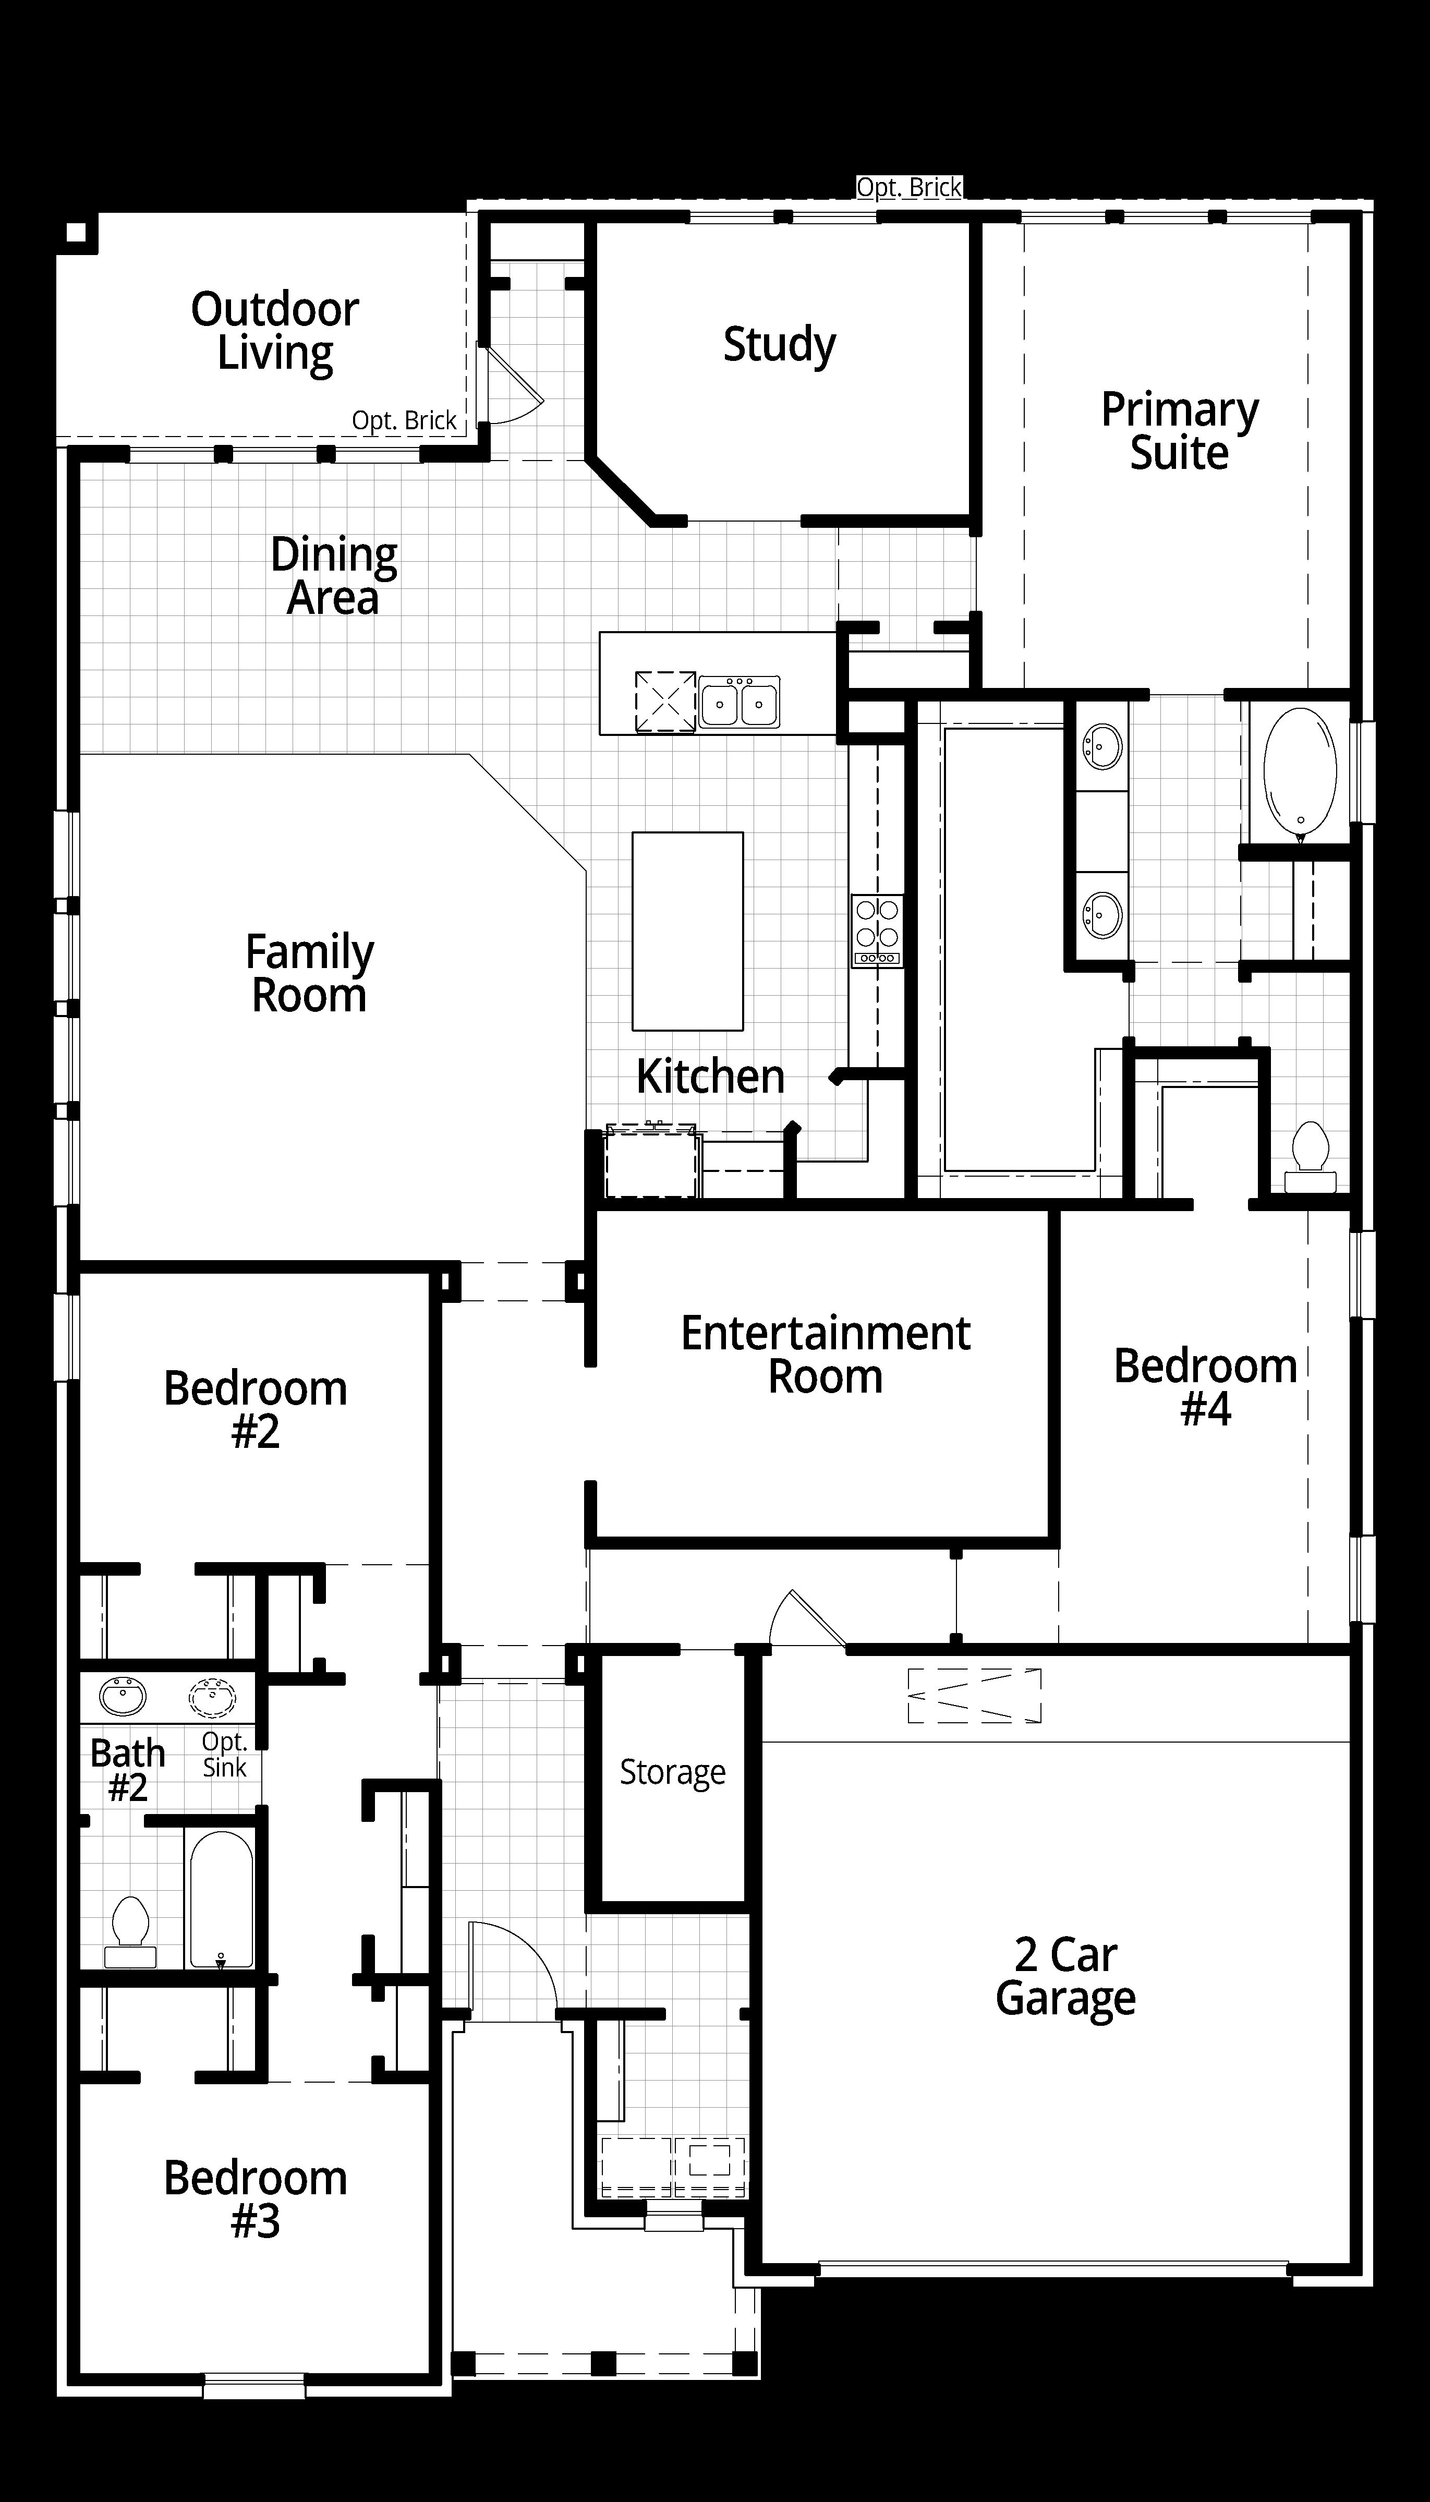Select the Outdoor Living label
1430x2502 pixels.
(275, 332)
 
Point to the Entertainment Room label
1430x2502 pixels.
(825, 1355)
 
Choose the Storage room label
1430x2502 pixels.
(673, 1772)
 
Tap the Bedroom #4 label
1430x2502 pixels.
(1205, 1387)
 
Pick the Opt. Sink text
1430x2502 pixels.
(225, 1755)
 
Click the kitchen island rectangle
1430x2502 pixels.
(687, 931)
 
